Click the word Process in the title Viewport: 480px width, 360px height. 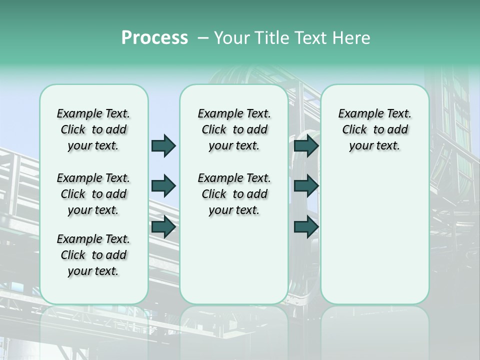click(154, 38)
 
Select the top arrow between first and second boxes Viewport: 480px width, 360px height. click(163, 146)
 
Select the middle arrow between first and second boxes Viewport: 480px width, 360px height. click(163, 186)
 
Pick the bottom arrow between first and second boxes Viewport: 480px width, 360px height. click(163, 227)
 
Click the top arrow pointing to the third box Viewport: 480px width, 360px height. click(306, 146)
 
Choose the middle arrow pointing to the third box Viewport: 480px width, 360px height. click(306, 186)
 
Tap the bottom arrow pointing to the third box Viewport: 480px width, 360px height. click(306, 227)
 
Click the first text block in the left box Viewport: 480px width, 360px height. click(93, 129)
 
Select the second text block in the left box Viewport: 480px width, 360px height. click(93, 194)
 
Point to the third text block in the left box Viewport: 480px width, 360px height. click(93, 255)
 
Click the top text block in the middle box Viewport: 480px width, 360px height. click(234, 129)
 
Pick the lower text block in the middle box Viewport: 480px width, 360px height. click(234, 194)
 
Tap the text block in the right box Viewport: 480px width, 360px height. click(374, 129)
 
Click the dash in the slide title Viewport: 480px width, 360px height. click(203, 38)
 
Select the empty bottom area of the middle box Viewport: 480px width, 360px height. click(234, 265)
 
